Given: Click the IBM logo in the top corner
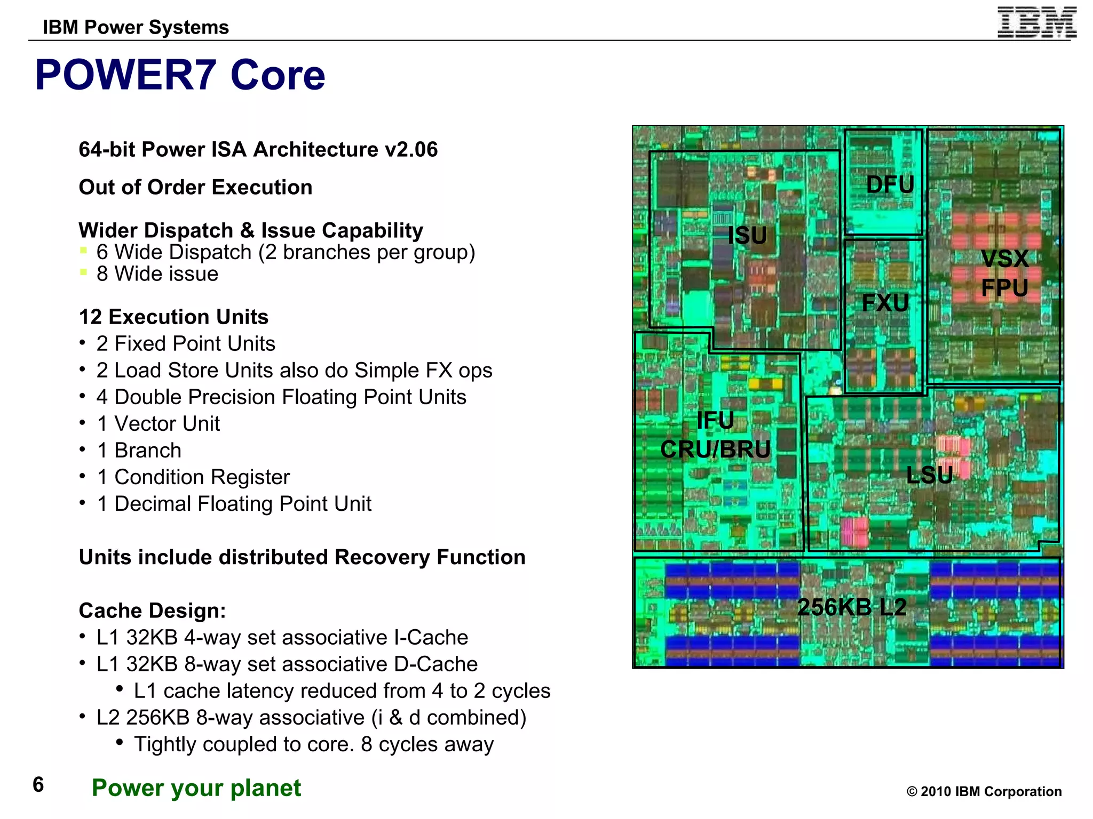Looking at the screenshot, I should coord(1036,23).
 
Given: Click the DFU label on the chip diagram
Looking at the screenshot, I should coord(890,184).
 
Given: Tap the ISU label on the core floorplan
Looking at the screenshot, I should coord(747,235).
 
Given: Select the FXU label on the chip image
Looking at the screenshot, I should coord(885,303).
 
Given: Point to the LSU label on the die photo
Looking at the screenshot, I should coord(929,475).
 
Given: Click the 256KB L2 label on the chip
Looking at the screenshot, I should coord(852,607).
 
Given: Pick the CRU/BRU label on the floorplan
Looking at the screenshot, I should coord(715,449).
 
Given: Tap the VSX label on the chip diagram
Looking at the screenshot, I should coord(1005,259).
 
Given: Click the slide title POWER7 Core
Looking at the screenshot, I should coord(180,75).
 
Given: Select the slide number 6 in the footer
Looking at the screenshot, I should coord(38,785).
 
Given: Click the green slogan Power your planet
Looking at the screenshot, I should coord(196,788).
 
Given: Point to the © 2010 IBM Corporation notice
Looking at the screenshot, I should coord(984,791).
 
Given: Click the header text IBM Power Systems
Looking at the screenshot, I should coord(136,27).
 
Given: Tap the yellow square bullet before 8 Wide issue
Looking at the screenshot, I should coord(83,272).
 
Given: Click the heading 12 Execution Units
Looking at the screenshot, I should coord(173,317).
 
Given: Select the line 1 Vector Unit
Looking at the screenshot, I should coord(159,424).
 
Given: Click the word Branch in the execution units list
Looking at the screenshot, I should coord(148,451).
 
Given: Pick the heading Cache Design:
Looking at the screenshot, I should coord(152,611).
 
